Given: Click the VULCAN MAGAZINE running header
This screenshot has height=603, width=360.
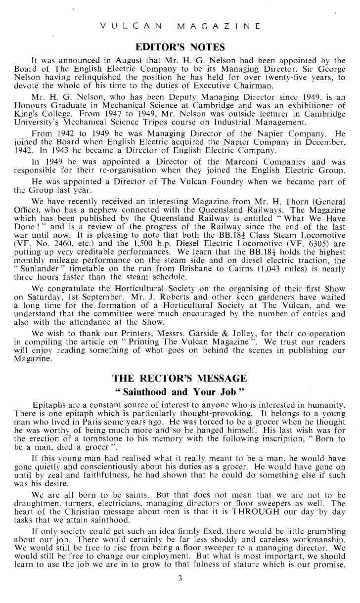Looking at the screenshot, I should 180,26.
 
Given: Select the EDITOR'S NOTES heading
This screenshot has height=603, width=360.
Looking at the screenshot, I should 180,47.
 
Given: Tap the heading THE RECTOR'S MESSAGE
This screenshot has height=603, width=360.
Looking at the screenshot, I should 180,379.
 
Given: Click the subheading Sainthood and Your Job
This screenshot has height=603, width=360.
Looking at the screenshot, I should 180,392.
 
